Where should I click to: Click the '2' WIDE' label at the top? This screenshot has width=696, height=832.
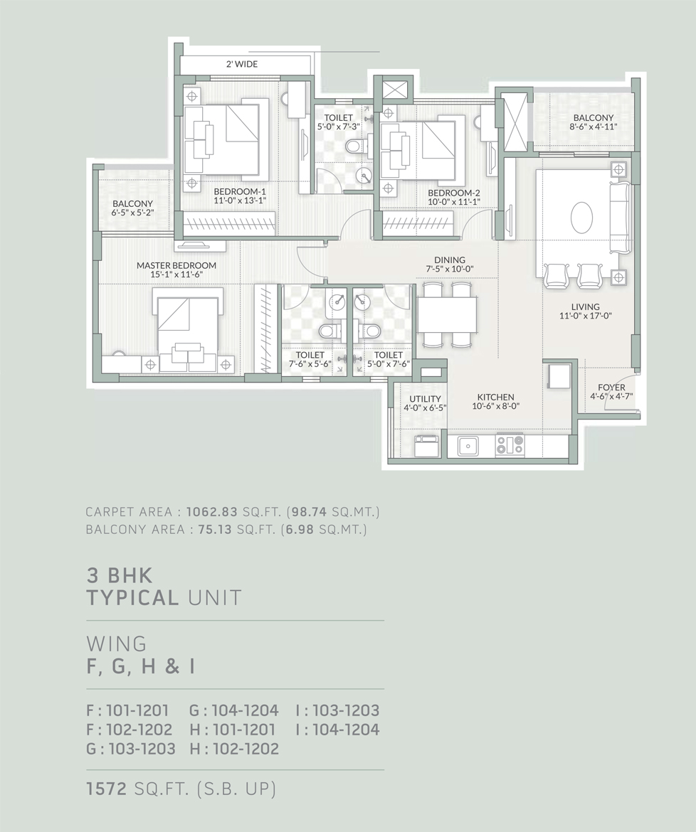click(242, 64)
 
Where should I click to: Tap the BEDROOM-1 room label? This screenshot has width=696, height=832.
click(240, 191)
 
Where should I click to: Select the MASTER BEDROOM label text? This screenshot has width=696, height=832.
click(176, 265)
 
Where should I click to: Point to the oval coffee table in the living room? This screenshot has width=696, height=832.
click(582, 216)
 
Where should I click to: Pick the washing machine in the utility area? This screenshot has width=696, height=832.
click(426, 445)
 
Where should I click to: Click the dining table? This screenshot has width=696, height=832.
click(447, 314)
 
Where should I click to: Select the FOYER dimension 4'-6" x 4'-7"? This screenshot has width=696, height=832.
click(611, 396)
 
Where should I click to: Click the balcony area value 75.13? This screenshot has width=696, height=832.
click(215, 529)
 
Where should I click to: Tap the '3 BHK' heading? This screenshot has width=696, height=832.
click(120, 575)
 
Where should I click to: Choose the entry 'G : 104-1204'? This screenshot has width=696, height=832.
click(233, 710)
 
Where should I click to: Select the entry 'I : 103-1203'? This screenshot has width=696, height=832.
click(337, 710)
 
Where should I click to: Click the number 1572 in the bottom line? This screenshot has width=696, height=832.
click(107, 789)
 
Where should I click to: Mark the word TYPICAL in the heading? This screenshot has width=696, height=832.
click(132, 598)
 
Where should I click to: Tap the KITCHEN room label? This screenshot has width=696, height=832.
click(496, 397)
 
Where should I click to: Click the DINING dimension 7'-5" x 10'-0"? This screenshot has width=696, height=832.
click(450, 269)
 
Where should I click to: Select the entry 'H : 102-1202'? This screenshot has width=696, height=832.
click(234, 749)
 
